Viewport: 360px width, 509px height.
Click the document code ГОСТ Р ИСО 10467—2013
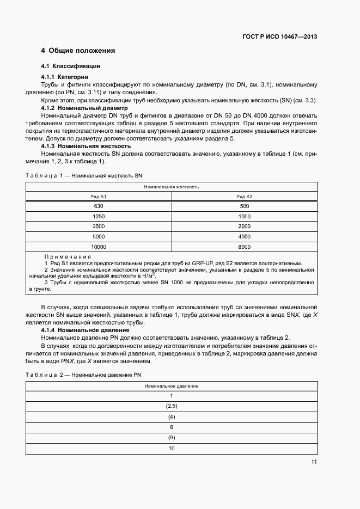pyautogui.click(x=279, y=37)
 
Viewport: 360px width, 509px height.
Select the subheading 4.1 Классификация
pyautogui.click(x=71, y=66)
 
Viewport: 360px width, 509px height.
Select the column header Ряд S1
pyautogui.click(x=99, y=196)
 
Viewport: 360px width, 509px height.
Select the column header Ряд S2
pyautogui.click(x=244, y=196)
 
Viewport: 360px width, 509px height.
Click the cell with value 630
pyautogui.click(x=99, y=206)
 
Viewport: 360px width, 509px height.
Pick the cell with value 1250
pyautogui.click(x=99, y=216)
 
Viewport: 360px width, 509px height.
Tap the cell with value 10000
pyautogui.click(x=99, y=247)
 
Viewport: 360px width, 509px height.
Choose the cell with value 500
pyautogui.click(x=244, y=206)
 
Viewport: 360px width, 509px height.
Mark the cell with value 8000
pyautogui.click(x=244, y=247)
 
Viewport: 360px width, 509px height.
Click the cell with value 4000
pyautogui.click(x=244, y=237)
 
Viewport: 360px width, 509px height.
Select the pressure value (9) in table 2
pyautogui.click(x=171, y=438)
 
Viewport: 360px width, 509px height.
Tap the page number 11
pyautogui.click(x=314, y=462)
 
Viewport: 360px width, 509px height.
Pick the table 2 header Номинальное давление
pyautogui.click(x=171, y=386)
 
